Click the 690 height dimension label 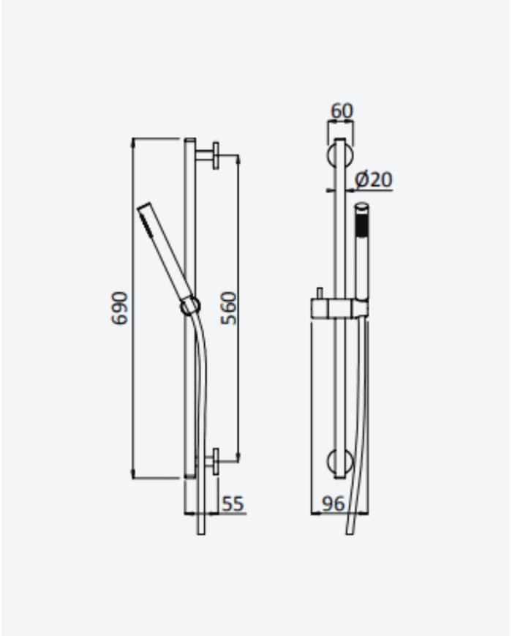coord(119,308)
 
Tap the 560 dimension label coord(228,308)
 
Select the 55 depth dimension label coord(233,504)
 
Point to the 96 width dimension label coord(334,504)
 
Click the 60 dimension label coord(342,111)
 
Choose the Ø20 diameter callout coord(373,180)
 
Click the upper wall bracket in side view coord(208,155)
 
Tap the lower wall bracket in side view coord(208,461)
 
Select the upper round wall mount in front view coord(340,155)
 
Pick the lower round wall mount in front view coord(340,463)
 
